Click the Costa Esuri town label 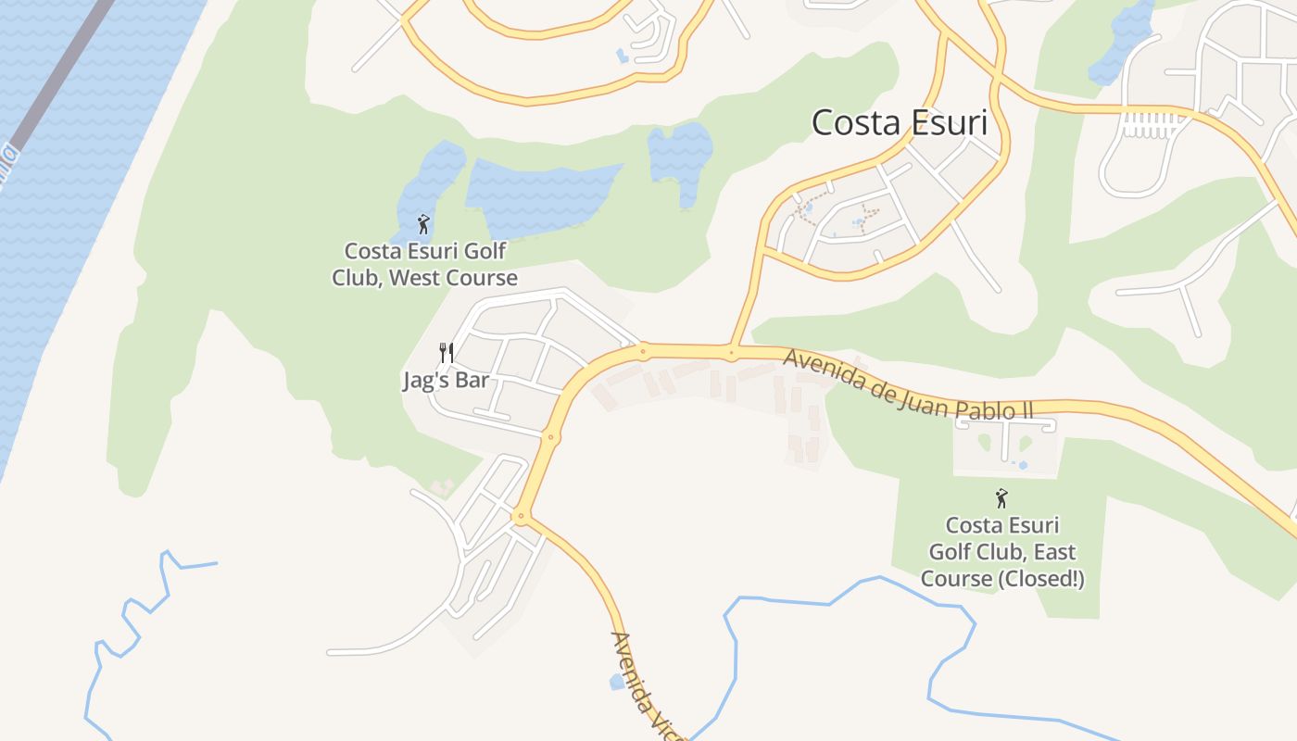click(900, 122)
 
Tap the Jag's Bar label click(445, 381)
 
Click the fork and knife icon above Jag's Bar click(446, 353)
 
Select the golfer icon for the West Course click(423, 224)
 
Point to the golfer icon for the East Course click(1001, 499)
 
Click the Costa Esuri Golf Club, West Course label click(424, 264)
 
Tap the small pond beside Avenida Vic click(617, 683)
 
